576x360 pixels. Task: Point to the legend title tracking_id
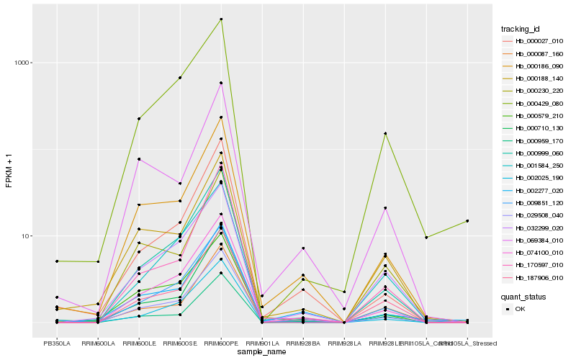tap(521, 29)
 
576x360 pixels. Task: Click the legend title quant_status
tap(523, 296)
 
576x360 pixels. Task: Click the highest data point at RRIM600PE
tap(221, 19)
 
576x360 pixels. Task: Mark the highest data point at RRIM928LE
tap(385, 133)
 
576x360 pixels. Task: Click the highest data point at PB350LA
tap(57, 261)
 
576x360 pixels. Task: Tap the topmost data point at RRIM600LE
tap(139, 119)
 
